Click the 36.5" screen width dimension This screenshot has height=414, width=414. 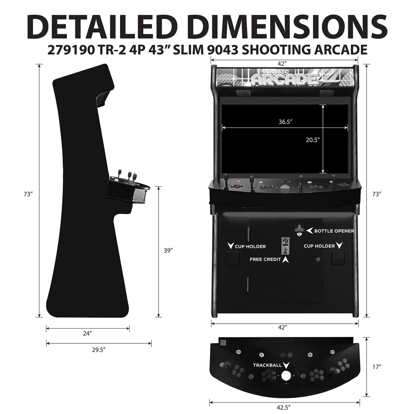[285, 121]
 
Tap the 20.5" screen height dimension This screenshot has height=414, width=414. [312, 139]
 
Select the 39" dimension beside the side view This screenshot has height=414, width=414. [168, 250]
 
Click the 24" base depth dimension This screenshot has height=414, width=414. [88, 334]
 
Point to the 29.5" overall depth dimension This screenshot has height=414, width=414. [99, 349]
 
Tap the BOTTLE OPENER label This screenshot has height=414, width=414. [334, 231]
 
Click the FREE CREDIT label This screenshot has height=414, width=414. [265, 259]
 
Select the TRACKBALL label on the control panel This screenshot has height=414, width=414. [267, 365]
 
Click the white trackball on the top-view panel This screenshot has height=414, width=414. [286, 376]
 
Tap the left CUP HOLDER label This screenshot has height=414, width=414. [250, 246]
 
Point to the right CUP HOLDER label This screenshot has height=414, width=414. [319, 246]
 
